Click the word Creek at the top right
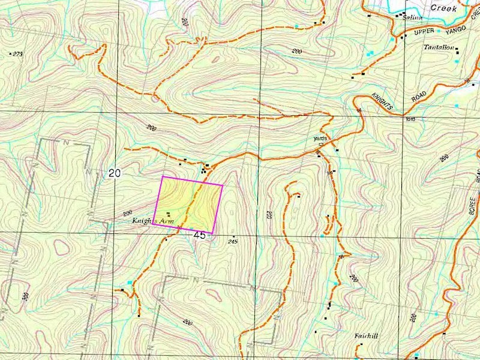(445, 8)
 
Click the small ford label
(411, 119)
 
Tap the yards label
(319, 138)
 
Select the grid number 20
(115, 173)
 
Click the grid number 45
(199, 235)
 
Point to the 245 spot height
(233, 241)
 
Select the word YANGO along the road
(453, 27)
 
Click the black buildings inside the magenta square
(169, 214)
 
